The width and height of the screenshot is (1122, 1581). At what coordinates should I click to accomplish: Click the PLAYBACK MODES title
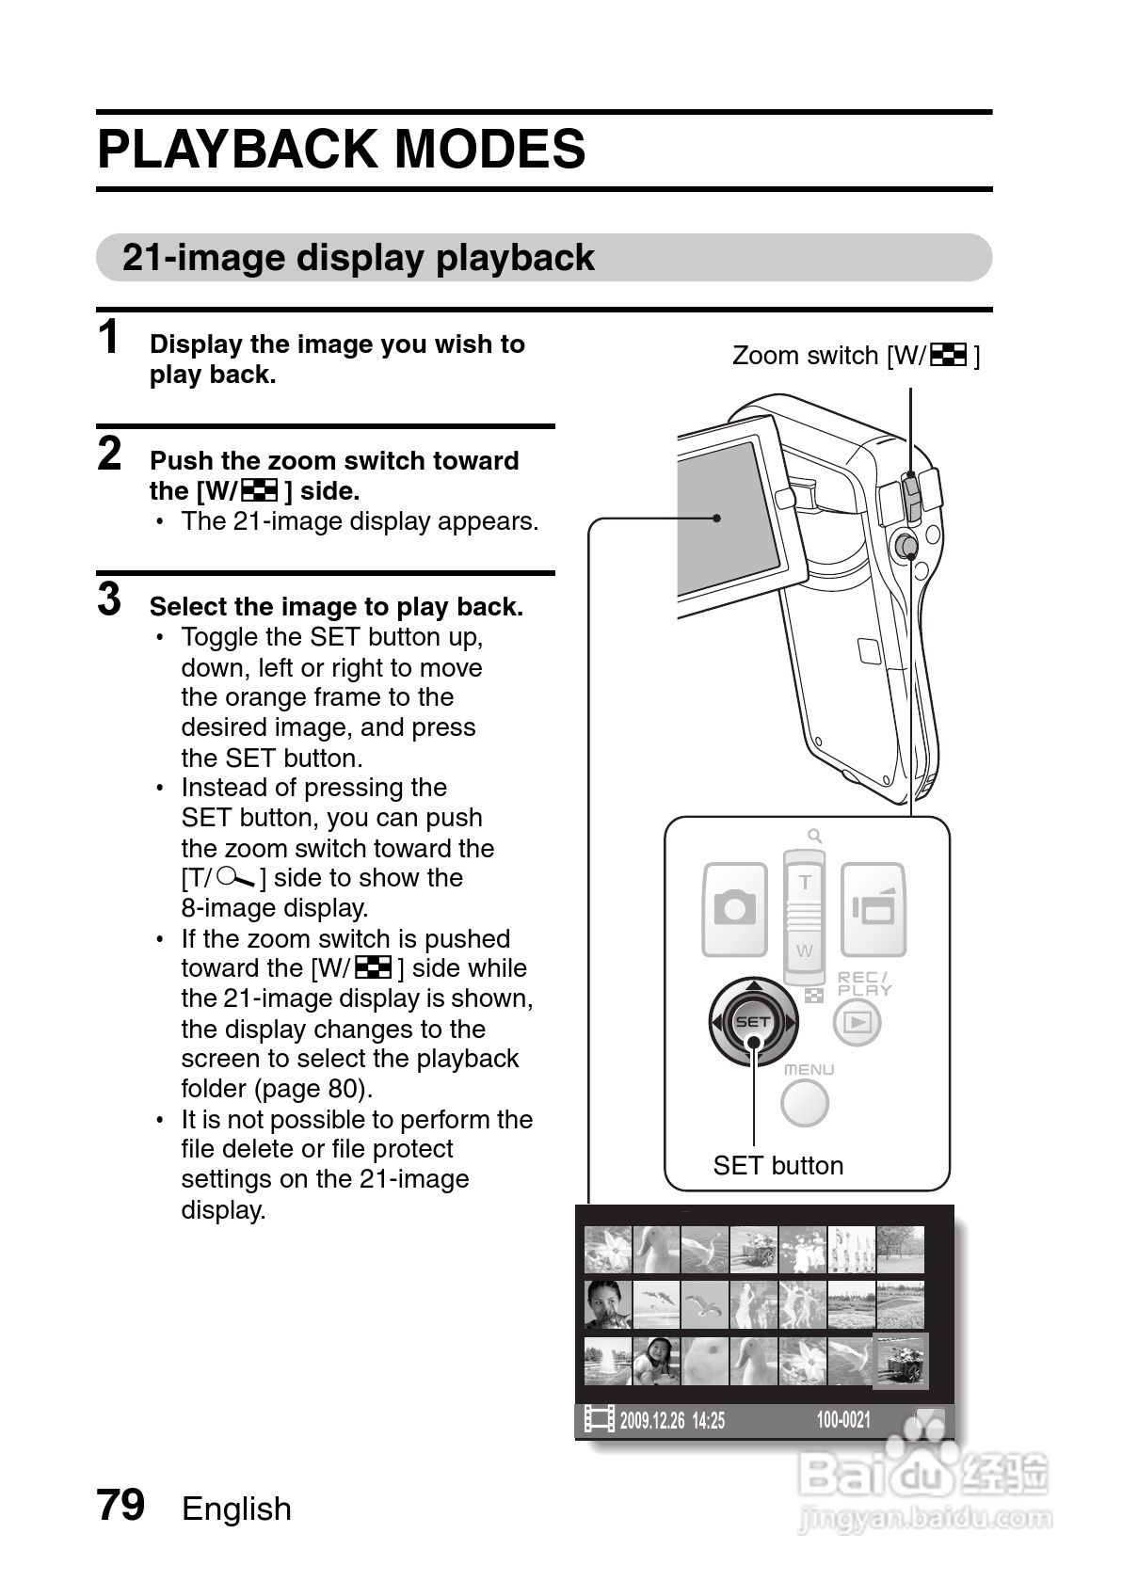[x=342, y=150]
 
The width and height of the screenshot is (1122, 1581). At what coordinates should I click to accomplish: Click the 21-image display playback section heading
[x=358, y=258]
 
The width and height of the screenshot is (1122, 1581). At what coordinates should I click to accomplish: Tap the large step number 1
[x=109, y=338]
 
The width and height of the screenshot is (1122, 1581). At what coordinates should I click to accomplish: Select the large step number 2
[x=109, y=455]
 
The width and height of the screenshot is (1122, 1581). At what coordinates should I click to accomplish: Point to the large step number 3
[x=109, y=599]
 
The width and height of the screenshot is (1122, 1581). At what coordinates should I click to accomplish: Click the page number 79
[x=120, y=1505]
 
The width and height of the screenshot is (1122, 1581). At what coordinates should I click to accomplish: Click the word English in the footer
[x=236, y=1509]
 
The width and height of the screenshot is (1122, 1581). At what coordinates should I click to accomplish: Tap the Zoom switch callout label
[x=856, y=356]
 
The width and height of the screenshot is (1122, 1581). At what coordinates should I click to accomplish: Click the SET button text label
[x=777, y=1165]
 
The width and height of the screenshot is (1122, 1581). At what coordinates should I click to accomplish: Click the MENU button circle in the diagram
[x=805, y=1103]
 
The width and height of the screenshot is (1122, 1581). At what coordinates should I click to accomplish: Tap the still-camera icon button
[x=734, y=908]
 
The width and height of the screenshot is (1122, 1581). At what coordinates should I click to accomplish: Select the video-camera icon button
[x=873, y=908]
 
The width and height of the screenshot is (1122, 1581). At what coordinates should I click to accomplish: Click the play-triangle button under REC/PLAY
[x=857, y=1022]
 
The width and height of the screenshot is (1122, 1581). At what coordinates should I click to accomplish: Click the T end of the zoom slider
[x=805, y=883]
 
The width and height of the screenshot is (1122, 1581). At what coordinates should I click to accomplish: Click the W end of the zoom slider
[x=805, y=950]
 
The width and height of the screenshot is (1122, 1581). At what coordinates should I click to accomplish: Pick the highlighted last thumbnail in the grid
[x=901, y=1361]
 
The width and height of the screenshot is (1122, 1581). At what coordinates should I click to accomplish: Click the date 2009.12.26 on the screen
[x=652, y=1420]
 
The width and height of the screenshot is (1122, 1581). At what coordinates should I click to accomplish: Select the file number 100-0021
[x=843, y=1420]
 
